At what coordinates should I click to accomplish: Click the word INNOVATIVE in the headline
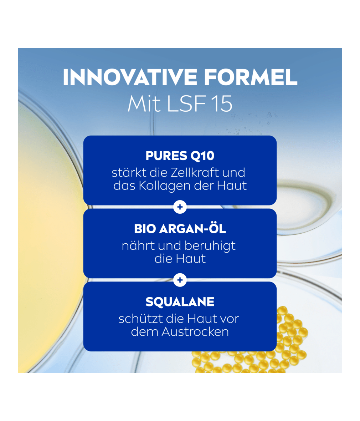click(x=130, y=77)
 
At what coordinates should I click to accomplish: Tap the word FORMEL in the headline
click(x=251, y=77)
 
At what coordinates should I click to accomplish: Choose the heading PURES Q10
click(x=180, y=156)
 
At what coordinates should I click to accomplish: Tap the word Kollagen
click(x=164, y=186)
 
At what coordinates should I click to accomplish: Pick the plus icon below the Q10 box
click(x=180, y=207)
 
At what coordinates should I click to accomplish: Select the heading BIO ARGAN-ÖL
click(x=180, y=228)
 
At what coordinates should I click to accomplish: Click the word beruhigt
click(x=210, y=246)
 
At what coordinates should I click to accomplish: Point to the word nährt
click(x=138, y=245)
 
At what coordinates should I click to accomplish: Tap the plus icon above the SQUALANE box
click(x=180, y=280)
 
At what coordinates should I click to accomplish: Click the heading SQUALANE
click(x=180, y=302)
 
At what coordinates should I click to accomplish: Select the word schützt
click(x=140, y=319)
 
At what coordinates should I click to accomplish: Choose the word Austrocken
click(x=195, y=331)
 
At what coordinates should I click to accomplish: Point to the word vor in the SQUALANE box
click(x=229, y=319)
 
